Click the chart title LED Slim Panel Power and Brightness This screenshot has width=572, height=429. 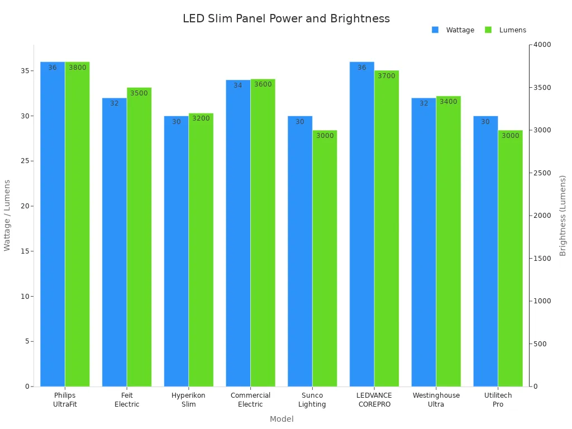(x=286, y=18)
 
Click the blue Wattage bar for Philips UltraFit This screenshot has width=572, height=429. (x=53, y=223)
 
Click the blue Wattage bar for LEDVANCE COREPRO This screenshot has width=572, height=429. (x=362, y=223)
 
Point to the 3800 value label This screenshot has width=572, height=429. (x=78, y=68)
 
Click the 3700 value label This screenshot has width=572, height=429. (x=386, y=76)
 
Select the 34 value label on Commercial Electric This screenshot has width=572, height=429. (x=238, y=85)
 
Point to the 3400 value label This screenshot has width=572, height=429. (x=448, y=102)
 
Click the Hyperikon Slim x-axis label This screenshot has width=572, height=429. (x=188, y=399)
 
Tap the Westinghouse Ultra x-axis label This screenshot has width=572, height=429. (x=436, y=399)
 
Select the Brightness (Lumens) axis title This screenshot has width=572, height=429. (x=563, y=216)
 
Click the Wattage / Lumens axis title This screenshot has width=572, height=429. (x=7, y=215)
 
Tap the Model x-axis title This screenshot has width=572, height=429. (x=282, y=419)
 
